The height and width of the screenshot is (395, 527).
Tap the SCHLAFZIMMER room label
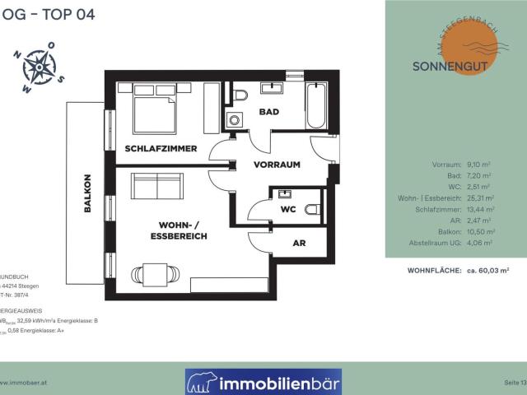161,148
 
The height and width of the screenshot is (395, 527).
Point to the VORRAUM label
277,165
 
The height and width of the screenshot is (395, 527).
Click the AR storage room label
299,244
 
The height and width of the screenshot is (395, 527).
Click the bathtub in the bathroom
317,105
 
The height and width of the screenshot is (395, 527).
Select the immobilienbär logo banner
263,382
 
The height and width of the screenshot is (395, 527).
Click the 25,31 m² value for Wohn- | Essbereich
478,198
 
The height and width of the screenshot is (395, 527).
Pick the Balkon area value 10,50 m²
478,232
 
